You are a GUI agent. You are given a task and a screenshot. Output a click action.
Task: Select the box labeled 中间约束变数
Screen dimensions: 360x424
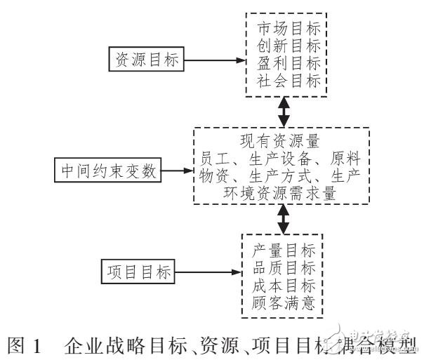click(107, 169)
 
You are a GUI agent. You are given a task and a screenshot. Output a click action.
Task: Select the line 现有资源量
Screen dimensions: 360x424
click(284, 140)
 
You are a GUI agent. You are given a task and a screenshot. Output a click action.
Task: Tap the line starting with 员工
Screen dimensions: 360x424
click(284, 156)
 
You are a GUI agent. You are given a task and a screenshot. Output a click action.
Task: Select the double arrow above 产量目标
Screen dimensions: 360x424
click(284, 220)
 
